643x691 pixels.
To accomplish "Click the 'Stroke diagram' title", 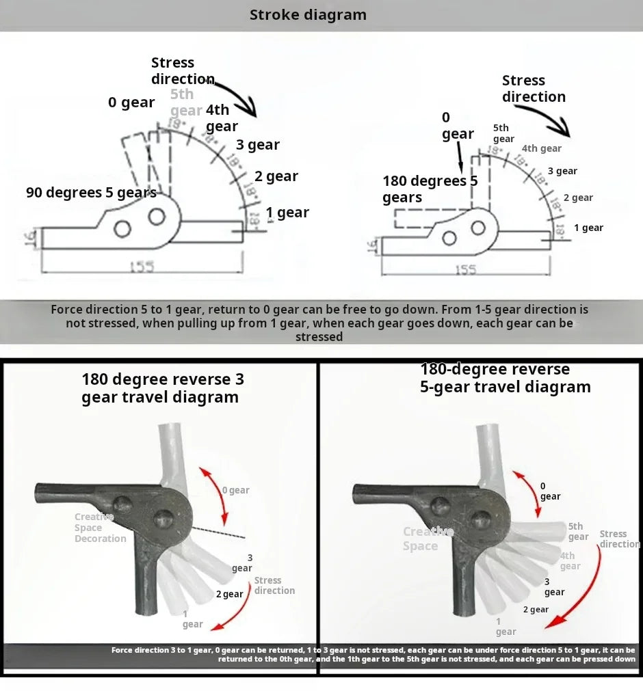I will pyautogui.click(x=308, y=15).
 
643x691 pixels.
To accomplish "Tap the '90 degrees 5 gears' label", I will pyautogui.click(x=91, y=192).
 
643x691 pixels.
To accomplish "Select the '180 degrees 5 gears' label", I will pyautogui.click(x=430, y=189).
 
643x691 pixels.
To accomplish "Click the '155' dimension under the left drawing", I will pyautogui.click(x=142, y=267).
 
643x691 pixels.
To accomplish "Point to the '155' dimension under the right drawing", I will pyautogui.click(x=465, y=270).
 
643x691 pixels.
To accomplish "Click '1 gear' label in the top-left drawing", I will pyautogui.click(x=287, y=213).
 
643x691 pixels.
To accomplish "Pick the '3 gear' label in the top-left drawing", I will pyautogui.click(x=258, y=145).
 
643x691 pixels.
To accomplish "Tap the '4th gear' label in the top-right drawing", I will pyautogui.click(x=541, y=148).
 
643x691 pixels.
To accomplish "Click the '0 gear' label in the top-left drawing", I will pyautogui.click(x=131, y=103).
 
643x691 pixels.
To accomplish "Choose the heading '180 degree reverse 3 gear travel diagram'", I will pyautogui.click(x=162, y=388).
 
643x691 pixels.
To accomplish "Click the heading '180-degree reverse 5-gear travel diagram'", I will pyautogui.click(x=505, y=378).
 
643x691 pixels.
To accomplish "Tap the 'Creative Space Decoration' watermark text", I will pyautogui.click(x=100, y=528).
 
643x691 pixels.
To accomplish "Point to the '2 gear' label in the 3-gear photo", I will pyautogui.click(x=229, y=594).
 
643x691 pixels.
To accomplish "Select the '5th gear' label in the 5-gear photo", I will pyautogui.click(x=577, y=531).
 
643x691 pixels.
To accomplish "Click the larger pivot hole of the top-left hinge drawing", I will pyautogui.click(x=157, y=217).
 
